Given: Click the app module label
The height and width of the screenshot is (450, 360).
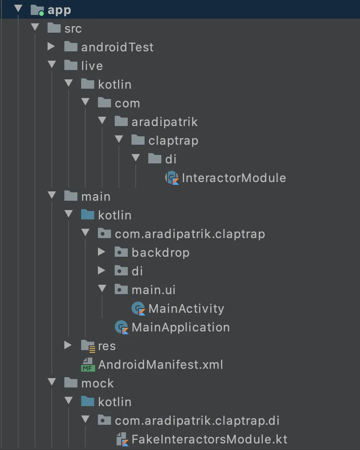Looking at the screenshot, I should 59,10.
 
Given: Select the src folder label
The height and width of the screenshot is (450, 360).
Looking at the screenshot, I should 73,28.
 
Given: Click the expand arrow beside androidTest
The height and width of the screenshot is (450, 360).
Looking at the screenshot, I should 51,47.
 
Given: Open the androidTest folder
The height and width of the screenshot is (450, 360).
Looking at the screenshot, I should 117,47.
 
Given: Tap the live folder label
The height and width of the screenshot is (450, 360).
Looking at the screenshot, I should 92,66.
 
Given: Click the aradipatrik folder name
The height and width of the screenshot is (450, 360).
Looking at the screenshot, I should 165,122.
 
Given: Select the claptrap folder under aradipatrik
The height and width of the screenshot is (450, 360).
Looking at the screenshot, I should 173,141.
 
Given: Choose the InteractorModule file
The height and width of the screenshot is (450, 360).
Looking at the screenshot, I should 234,178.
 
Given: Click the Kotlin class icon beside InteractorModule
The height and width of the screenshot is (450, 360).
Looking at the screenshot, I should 172,178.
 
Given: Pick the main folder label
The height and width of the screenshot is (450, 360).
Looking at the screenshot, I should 96,197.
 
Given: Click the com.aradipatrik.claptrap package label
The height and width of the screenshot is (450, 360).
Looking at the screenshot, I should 190,234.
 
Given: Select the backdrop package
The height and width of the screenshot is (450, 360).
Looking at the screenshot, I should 160,253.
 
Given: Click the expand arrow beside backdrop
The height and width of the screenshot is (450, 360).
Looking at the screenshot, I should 102,252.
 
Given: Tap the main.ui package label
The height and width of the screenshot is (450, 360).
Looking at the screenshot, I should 153,290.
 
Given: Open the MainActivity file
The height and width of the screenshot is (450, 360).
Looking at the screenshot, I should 186,309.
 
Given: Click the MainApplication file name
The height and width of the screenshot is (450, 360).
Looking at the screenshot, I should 180,327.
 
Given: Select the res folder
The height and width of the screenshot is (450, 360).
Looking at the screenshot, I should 106,346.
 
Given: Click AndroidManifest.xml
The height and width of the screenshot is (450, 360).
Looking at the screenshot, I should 160,365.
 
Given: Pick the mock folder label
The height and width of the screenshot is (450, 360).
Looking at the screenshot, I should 97,383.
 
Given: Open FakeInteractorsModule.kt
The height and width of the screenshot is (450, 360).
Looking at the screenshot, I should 209,439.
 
